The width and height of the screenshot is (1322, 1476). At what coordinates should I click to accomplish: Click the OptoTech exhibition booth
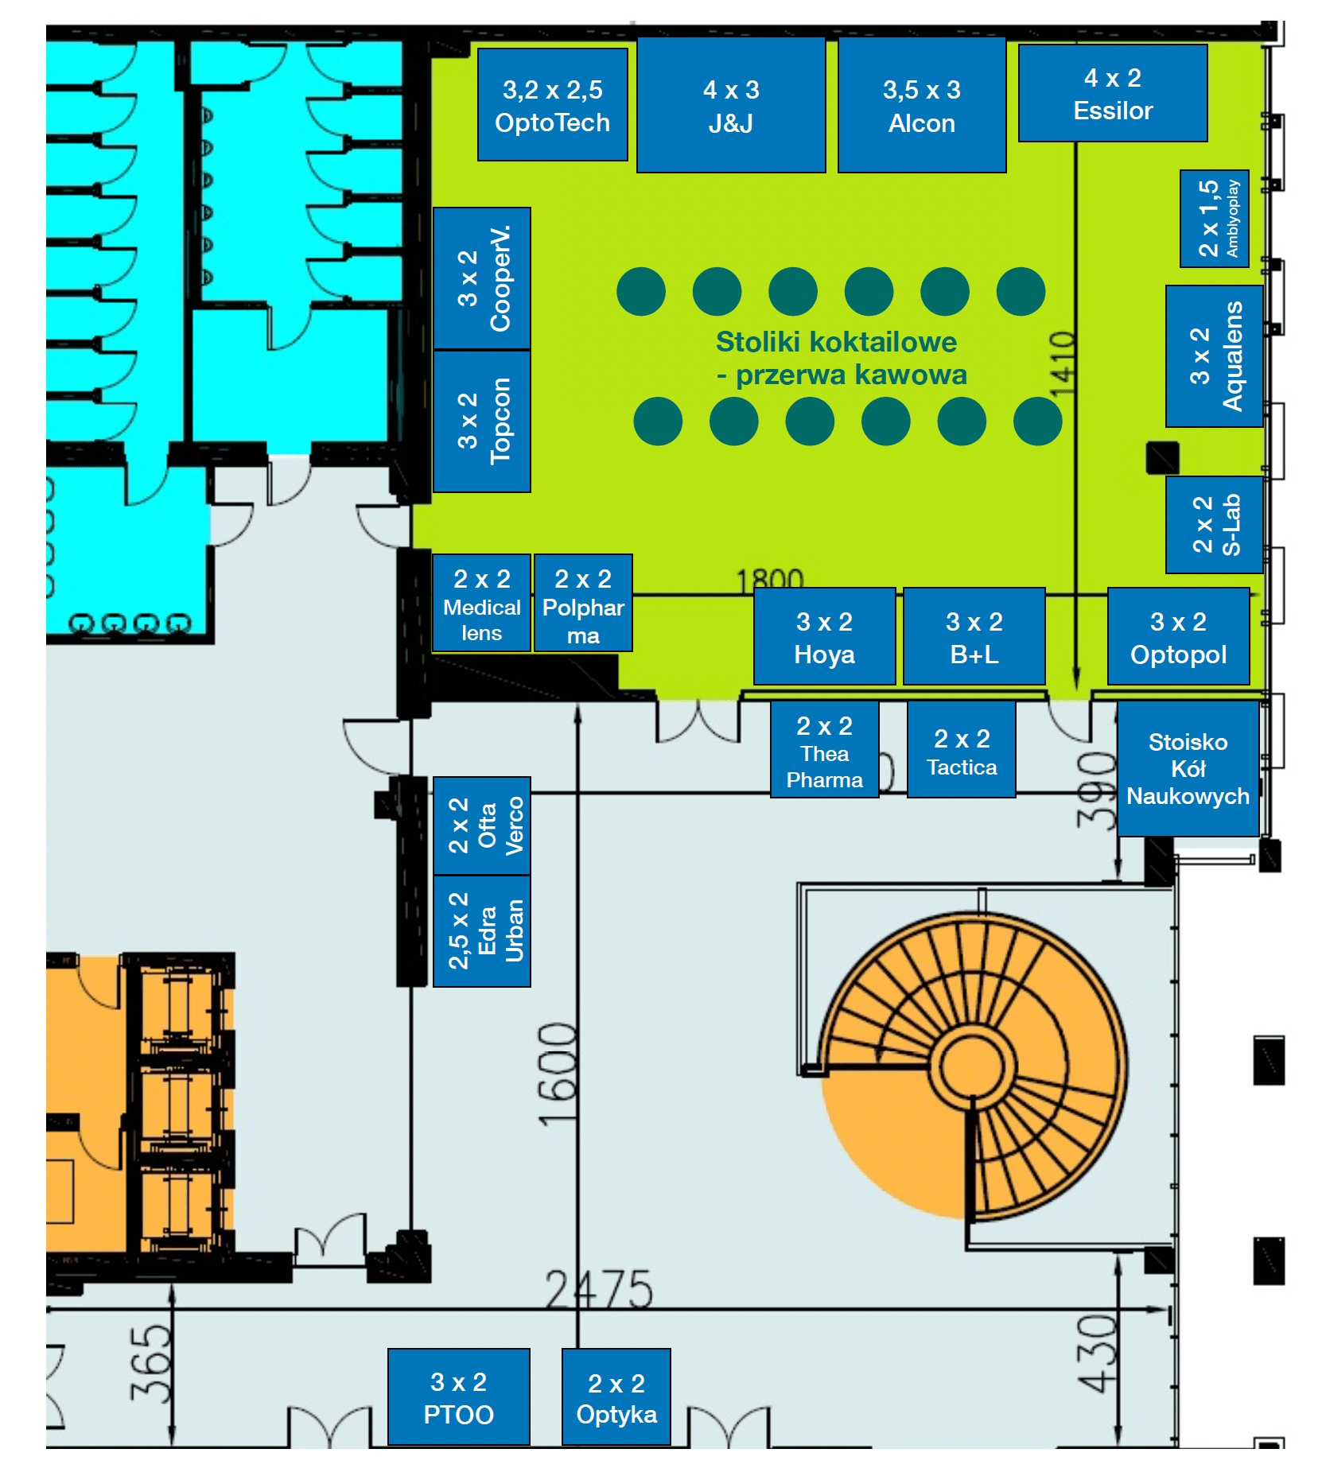click(552, 105)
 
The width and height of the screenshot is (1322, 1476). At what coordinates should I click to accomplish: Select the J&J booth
click(731, 105)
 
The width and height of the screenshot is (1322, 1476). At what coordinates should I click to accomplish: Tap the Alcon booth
click(921, 105)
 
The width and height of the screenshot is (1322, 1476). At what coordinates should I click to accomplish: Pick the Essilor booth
click(1112, 93)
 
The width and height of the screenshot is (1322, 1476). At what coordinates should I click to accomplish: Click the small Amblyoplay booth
click(1214, 219)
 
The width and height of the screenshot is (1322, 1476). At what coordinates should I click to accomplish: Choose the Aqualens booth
click(1214, 356)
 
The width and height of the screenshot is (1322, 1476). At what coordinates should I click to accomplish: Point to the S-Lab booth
click(1214, 525)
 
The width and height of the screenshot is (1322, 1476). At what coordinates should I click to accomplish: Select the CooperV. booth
click(482, 278)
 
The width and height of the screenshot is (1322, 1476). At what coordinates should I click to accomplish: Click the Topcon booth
click(482, 421)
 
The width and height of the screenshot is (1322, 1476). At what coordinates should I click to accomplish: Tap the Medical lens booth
click(481, 604)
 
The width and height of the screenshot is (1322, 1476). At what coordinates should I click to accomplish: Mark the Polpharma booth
click(583, 604)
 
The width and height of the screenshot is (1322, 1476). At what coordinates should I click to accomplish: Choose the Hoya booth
click(824, 636)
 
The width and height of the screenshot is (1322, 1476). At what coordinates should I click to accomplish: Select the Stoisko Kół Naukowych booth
click(1188, 768)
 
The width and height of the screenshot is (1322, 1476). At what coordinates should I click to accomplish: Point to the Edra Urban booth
click(482, 931)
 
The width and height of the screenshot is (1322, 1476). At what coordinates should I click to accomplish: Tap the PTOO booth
click(458, 1397)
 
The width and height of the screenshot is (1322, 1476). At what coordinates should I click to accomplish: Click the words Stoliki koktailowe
click(836, 342)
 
